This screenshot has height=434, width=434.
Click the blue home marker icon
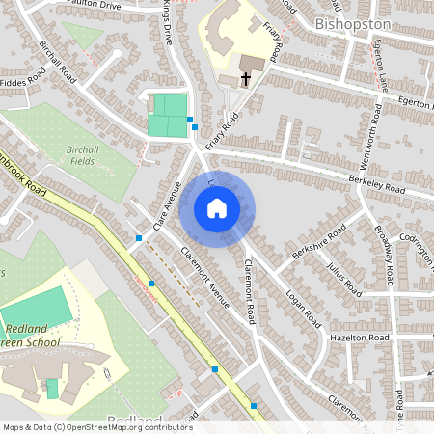pos(217,207)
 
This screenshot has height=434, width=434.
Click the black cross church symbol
pos(245,79)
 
